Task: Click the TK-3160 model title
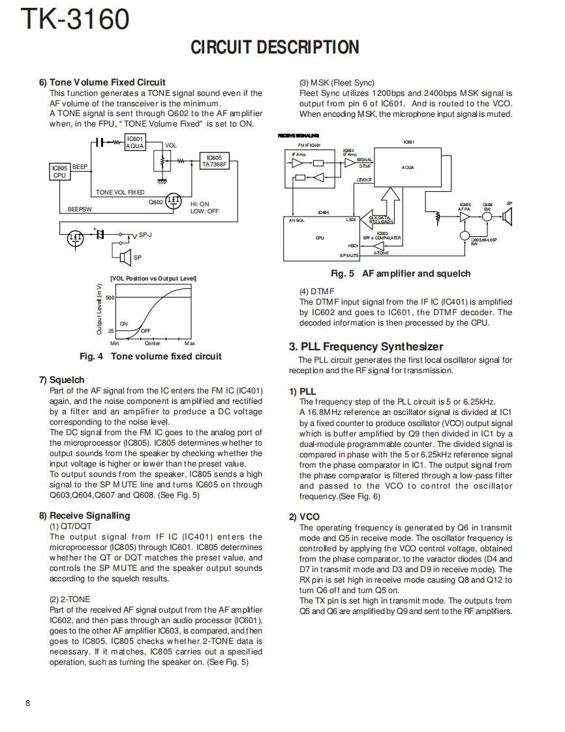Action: pos(75,20)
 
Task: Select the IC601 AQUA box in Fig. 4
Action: pos(134,142)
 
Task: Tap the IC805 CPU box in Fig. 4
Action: pos(59,172)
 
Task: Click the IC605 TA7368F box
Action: pos(213,160)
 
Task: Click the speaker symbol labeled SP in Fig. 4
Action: pos(125,256)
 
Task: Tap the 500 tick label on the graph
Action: pos(110,297)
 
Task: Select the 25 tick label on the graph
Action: pos(111,331)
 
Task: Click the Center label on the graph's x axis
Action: pos(152,343)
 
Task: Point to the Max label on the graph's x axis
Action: pos(190,343)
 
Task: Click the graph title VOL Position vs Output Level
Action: pos(153,279)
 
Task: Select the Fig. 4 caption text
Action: pos(150,356)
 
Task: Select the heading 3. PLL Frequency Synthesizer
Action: pos(366,346)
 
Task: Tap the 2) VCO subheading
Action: pos(302,517)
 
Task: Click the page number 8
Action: pos(27,703)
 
